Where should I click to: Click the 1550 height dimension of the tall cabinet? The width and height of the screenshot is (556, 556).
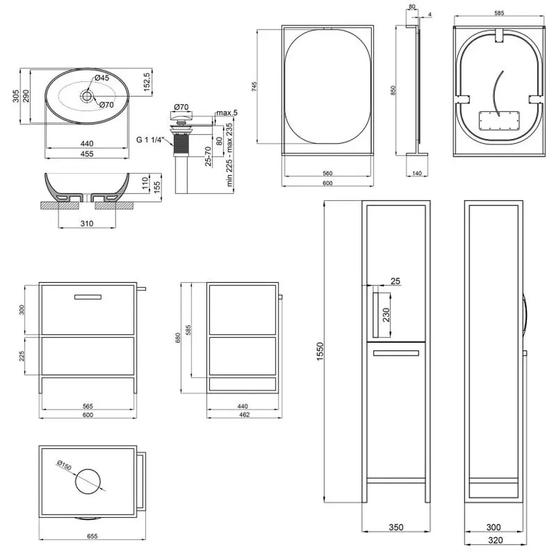tap(320, 352)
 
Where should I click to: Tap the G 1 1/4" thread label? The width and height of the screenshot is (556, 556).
tap(150, 140)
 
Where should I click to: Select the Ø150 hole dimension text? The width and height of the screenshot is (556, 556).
tap(64, 465)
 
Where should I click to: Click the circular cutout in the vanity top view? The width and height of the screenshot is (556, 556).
tap(88, 481)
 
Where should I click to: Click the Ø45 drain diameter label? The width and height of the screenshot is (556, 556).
tap(102, 78)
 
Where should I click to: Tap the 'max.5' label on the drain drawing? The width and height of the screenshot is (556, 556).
tap(227, 113)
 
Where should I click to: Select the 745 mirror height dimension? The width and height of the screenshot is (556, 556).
tap(255, 86)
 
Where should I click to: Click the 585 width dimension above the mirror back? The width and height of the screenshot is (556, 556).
tap(499, 13)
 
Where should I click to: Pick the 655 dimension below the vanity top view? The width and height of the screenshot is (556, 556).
tap(92, 536)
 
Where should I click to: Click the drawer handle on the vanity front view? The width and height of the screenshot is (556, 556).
tap(88, 297)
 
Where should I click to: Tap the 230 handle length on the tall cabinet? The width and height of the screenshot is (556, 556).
tap(386, 314)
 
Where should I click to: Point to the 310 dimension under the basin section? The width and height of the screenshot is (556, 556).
tap(87, 224)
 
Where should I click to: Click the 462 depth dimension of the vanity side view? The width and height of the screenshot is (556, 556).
tap(244, 415)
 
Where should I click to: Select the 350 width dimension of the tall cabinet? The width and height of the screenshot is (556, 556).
tap(396, 528)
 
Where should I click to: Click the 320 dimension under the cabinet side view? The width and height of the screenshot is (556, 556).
tap(495, 540)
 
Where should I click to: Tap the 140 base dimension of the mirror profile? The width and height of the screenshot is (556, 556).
tap(418, 174)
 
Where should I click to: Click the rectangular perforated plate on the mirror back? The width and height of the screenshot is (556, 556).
tap(499, 121)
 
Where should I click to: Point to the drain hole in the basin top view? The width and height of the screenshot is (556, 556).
tap(87, 96)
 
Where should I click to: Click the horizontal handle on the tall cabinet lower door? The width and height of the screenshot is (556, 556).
tap(396, 353)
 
